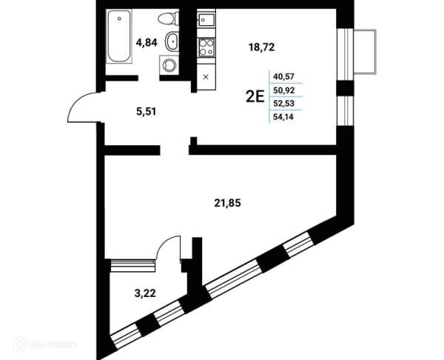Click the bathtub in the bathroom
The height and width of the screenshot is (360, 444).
click(x=119, y=36)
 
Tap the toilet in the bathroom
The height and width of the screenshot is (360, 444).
click(x=169, y=19)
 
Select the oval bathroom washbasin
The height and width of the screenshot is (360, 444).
click(x=172, y=42)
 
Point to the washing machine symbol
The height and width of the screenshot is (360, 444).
click(x=169, y=65)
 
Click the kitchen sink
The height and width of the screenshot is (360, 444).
click(x=206, y=18)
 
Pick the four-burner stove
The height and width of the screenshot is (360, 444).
click(x=206, y=47)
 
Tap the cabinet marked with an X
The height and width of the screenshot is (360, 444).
click(x=206, y=77)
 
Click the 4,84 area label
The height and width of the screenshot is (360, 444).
click(x=147, y=42)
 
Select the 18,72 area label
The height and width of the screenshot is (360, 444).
click(x=261, y=47)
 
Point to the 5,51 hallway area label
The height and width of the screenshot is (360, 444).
click(x=146, y=112)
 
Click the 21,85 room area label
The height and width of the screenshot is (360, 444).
click(x=227, y=203)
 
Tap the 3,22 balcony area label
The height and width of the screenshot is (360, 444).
click(x=145, y=293)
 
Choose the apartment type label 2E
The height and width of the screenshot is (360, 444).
click(x=255, y=96)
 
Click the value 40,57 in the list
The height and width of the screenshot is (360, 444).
click(x=283, y=76)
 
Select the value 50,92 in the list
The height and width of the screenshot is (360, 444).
click(x=283, y=90)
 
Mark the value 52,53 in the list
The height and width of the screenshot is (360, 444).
click(x=283, y=104)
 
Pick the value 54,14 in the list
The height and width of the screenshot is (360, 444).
click(x=283, y=117)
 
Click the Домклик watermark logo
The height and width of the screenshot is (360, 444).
click(x=45, y=344)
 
